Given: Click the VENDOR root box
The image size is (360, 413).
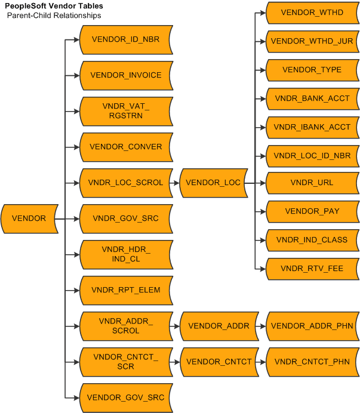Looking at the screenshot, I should (x=29, y=218).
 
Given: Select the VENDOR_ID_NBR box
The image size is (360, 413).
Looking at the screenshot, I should (x=126, y=40).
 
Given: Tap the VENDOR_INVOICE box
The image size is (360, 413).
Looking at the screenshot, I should (x=126, y=76).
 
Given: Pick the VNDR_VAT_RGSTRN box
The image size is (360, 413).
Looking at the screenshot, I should (x=126, y=111).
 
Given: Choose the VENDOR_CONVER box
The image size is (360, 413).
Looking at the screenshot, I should (x=126, y=147).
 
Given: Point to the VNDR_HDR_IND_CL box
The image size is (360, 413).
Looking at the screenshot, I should (x=126, y=254).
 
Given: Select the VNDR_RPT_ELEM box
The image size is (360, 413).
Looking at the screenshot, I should (x=126, y=290).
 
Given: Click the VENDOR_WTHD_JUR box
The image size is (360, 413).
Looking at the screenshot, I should (x=312, y=41).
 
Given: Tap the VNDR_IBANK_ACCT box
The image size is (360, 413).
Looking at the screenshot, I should (x=312, y=127).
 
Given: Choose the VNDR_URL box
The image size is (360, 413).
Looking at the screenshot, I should (x=312, y=183).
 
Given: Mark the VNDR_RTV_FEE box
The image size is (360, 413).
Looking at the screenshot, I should (x=312, y=269).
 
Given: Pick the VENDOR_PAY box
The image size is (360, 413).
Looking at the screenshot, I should (x=312, y=211).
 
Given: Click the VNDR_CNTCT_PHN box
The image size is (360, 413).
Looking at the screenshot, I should (x=312, y=362).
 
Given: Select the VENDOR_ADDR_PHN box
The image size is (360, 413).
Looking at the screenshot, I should (x=312, y=326).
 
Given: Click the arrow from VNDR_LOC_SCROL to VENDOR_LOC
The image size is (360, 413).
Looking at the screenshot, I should (x=176, y=183).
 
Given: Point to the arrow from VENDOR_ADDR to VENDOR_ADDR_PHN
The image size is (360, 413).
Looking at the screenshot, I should (x=262, y=326).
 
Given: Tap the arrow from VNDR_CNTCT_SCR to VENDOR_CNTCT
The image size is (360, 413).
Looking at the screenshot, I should (x=176, y=362).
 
